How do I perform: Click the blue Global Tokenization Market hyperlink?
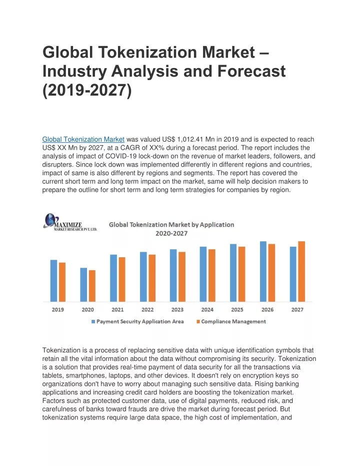[x=83, y=139]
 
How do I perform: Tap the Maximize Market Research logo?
[x=70, y=222]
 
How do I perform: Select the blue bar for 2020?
[x=83, y=285]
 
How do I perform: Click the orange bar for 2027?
[x=301, y=271]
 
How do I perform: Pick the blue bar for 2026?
[x=263, y=271]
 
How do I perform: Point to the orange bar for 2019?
[x=62, y=282]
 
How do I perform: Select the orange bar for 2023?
[x=182, y=277]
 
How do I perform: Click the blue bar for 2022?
[x=143, y=277]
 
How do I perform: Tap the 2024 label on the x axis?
[x=207, y=310]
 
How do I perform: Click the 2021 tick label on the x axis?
[x=117, y=310]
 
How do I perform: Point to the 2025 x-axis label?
[x=237, y=310]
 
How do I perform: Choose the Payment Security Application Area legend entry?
[x=137, y=321]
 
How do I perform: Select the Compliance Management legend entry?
[x=231, y=321]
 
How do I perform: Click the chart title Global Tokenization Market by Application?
[x=171, y=225]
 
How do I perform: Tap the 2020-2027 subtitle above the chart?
[x=171, y=234]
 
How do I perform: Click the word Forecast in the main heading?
[x=251, y=71]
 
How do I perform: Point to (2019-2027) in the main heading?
[x=87, y=90]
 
